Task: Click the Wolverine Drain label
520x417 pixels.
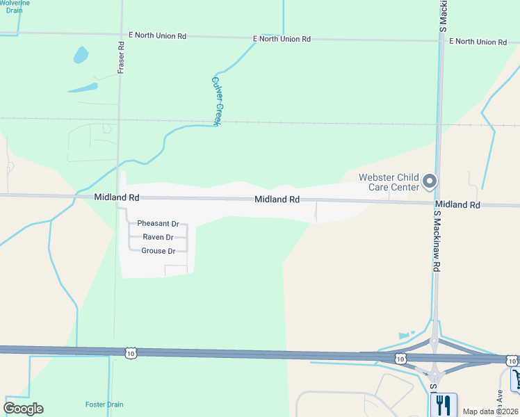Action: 15,6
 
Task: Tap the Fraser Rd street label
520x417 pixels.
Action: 121,58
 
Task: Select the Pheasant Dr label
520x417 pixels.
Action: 158,224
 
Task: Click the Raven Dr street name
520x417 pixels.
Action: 158,237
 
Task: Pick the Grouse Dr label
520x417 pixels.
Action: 158,251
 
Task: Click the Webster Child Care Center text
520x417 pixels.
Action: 389,182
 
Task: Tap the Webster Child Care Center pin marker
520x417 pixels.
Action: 430,182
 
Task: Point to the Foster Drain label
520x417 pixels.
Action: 104,404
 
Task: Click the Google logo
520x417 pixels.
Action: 24,409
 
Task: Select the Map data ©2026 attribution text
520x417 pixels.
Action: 490,411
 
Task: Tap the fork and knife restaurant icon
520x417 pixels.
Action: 444,404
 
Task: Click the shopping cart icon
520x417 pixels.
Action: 517,379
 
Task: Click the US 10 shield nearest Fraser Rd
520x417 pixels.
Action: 131,354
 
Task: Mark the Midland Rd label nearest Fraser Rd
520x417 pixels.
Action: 117,198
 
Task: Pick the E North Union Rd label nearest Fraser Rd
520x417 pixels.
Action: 157,35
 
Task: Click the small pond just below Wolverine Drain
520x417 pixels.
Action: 81,54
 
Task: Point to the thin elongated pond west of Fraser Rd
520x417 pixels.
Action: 83,88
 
